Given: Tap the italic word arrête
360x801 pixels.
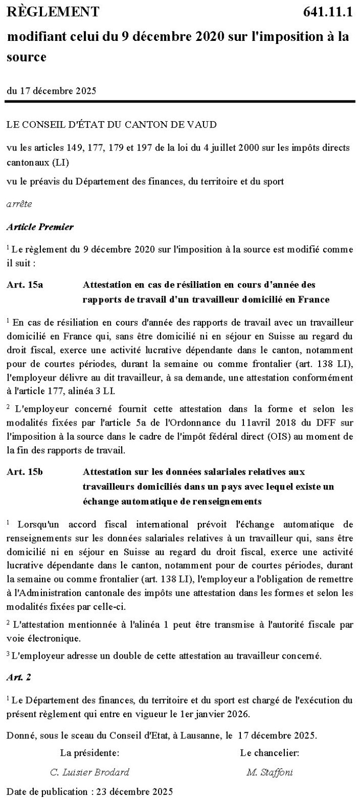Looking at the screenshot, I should (x=19, y=204).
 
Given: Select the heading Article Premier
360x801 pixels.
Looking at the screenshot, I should (x=40, y=227).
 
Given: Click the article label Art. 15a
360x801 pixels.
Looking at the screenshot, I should (x=25, y=285).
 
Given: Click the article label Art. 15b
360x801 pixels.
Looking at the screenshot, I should (x=25, y=471).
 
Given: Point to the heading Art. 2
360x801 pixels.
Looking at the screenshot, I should (x=19, y=677).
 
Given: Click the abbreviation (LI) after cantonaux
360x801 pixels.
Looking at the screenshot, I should (x=61, y=163).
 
